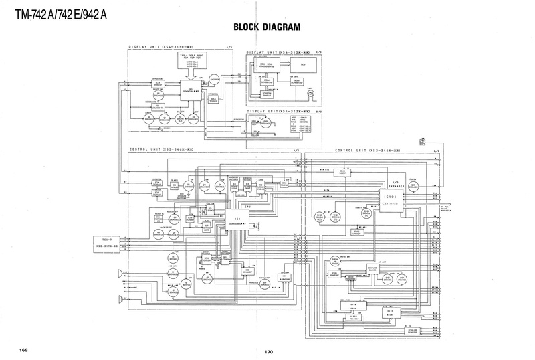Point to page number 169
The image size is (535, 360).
pyautogui.click(x=23, y=349)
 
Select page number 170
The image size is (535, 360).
pyautogui.click(x=269, y=352)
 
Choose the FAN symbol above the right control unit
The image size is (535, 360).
pyautogui.click(x=421, y=143)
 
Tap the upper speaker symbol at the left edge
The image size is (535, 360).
pyautogui.click(x=120, y=272)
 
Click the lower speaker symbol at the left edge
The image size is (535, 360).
pyautogui.click(x=120, y=298)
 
